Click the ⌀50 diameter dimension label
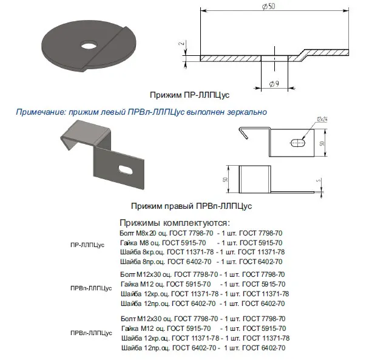click(x=268, y=6)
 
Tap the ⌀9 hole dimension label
click(x=274, y=84)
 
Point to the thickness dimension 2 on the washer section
click(x=182, y=43)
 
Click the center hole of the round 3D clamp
click(x=89, y=45)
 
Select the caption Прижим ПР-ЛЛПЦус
click(x=189, y=95)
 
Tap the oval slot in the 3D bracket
click(x=126, y=169)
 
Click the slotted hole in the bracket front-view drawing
click(x=298, y=143)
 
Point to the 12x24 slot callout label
click(x=322, y=120)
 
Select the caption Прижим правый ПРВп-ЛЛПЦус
click(x=191, y=206)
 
